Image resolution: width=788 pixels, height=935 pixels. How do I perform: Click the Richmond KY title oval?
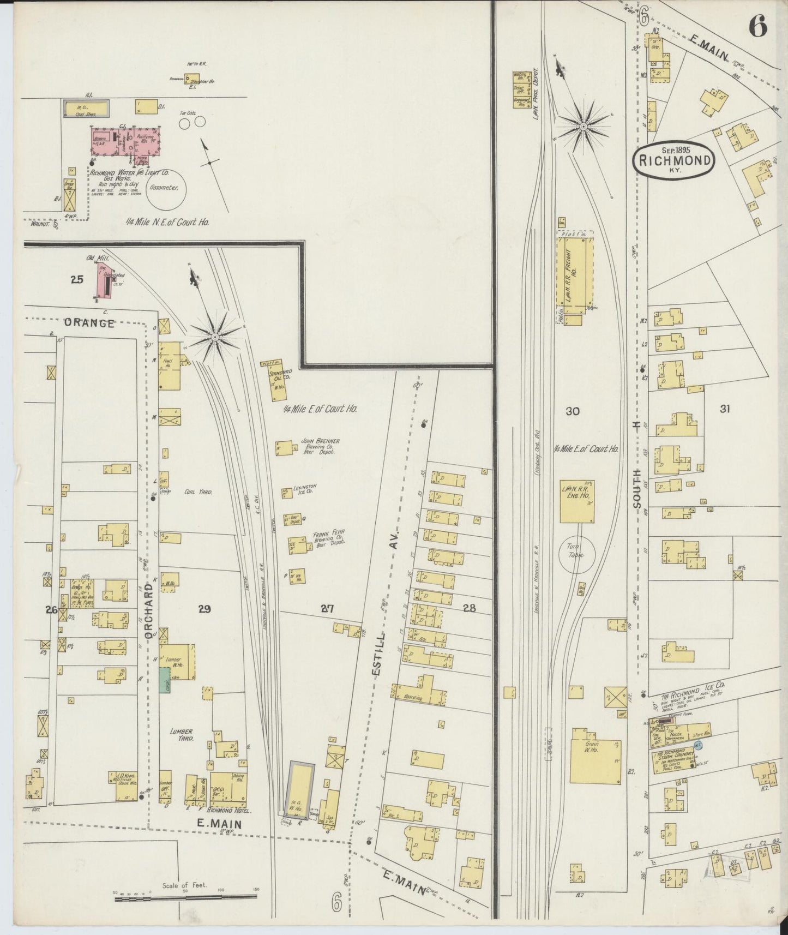point(674,159)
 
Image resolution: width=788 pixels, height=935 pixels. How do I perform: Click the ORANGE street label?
point(89,323)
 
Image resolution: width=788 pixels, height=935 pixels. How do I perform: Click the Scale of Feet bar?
point(185,896)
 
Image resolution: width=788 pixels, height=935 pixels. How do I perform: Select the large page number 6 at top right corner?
point(758,25)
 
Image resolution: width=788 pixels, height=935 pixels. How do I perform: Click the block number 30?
point(572,411)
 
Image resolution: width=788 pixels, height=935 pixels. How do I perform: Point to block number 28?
point(469,608)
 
